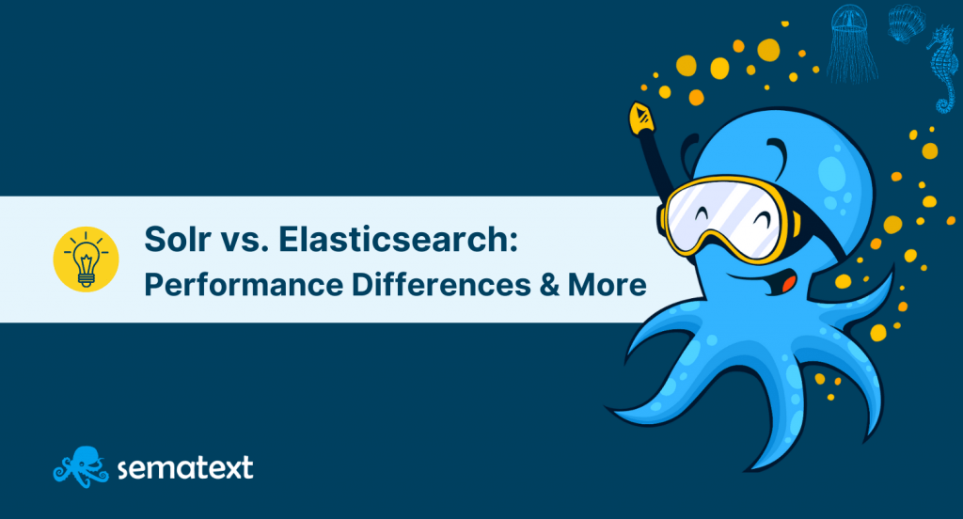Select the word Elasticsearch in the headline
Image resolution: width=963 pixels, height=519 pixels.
tap(394, 239)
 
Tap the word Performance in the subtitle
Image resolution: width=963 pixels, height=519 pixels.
tap(244, 285)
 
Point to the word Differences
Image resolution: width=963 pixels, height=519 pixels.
tap(441, 285)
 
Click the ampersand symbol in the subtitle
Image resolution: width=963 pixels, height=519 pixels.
tap(549, 285)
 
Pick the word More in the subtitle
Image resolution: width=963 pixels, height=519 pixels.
tap(607, 285)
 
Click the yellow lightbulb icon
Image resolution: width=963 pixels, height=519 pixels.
tap(86, 259)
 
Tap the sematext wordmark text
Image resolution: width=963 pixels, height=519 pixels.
tap(185, 468)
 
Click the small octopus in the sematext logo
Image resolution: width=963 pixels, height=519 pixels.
tap(81, 466)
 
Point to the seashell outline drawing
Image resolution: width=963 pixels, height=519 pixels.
tap(907, 24)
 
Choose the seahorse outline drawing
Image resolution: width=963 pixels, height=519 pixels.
tap(942, 69)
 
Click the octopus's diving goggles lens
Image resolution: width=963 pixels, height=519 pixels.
tap(725, 215)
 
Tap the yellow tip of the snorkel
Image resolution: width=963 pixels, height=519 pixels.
tap(641, 118)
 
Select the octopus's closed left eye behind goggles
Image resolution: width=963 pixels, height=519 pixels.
tap(701, 213)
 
